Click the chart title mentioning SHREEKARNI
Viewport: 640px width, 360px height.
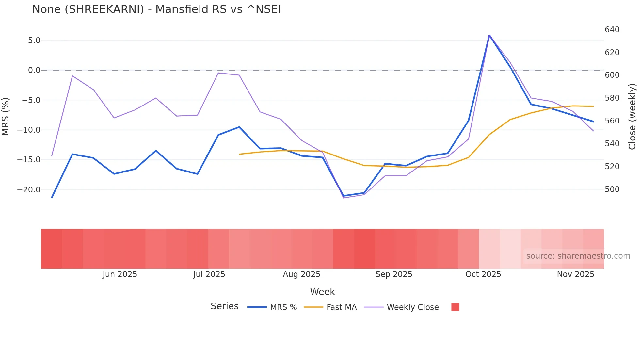(156, 9)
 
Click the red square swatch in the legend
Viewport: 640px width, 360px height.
(455, 307)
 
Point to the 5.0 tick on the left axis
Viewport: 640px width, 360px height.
(34, 41)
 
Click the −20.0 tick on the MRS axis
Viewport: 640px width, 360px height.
(29, 190)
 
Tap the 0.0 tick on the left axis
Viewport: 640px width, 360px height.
(34, 70)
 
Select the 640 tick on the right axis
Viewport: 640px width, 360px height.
(612, 30)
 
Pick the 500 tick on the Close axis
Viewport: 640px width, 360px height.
(612, 189)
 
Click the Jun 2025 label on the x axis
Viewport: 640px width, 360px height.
(120, 274)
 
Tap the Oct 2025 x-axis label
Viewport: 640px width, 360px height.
(483, 274)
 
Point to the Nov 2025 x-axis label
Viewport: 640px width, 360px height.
(575, 274)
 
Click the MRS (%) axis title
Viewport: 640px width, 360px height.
(6, 116)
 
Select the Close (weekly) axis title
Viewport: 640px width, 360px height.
(632, 117)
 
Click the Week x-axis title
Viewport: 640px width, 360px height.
(322, 292)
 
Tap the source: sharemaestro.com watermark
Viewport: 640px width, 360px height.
(578, 256)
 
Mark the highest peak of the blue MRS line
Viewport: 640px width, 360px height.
(489, 35)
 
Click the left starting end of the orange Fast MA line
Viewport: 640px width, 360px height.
(239, 154)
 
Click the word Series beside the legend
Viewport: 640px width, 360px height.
(224, 306)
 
